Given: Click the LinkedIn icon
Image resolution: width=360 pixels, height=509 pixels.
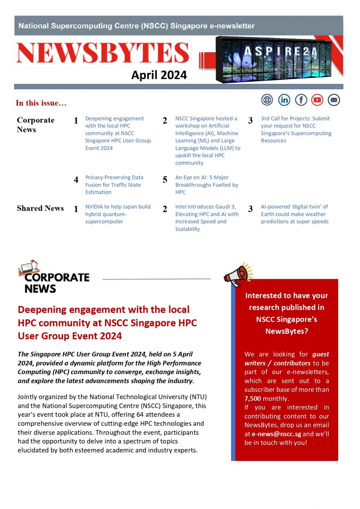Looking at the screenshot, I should point(284,100).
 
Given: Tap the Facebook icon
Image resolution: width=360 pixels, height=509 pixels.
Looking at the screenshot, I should point(301,100).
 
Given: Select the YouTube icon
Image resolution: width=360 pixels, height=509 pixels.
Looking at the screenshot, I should point(318,100).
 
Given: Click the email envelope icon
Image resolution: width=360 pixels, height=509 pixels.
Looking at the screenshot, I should point(334,100).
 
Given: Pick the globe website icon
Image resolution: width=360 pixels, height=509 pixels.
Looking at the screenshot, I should point(267,100).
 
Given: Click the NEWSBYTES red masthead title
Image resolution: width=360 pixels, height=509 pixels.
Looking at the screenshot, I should point(103,53).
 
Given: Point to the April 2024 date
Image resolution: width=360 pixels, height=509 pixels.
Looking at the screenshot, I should point(159,75).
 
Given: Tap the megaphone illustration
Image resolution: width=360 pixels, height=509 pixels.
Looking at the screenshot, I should point(238,275).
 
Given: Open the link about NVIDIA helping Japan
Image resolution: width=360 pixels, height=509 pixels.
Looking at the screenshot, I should point(118,214).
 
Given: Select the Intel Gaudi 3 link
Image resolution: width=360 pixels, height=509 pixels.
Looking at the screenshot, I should point(207,218).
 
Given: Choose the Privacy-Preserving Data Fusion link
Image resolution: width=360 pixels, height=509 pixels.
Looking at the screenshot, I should point(114,185).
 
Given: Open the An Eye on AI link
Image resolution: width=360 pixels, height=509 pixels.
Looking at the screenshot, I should point(207,185).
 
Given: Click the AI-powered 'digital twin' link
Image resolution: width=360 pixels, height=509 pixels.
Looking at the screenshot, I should point(294,214).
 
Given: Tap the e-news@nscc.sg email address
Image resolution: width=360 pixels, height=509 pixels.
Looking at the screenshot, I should point(276,434).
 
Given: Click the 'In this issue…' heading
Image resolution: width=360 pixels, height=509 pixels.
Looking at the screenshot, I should point(41,103).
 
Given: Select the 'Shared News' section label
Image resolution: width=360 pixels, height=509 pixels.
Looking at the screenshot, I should point(40,208).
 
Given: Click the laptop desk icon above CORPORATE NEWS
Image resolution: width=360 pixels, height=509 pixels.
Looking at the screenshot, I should point(29,267).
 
